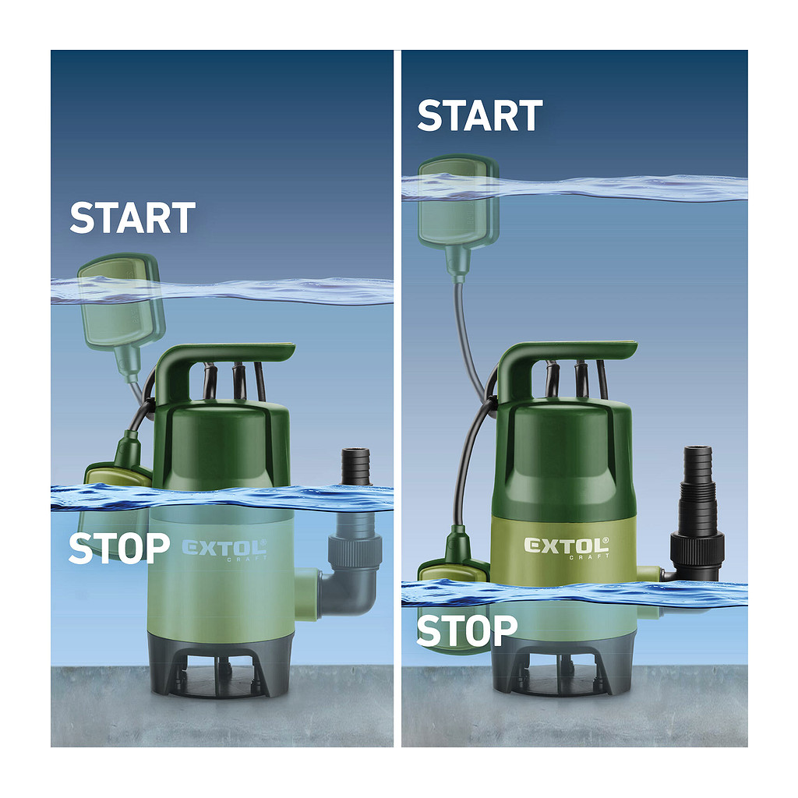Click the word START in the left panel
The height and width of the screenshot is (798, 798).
click(132, 218)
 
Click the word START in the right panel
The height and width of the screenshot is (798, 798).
click(480, 115)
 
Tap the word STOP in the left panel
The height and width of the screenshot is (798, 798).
click(119, 548)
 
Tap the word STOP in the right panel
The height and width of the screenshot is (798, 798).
click(467, 630)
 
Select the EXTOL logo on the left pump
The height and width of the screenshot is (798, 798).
click(224, 549)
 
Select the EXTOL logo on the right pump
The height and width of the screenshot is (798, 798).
click(566, 547)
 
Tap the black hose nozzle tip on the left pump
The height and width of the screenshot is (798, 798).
click(355, 466)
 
